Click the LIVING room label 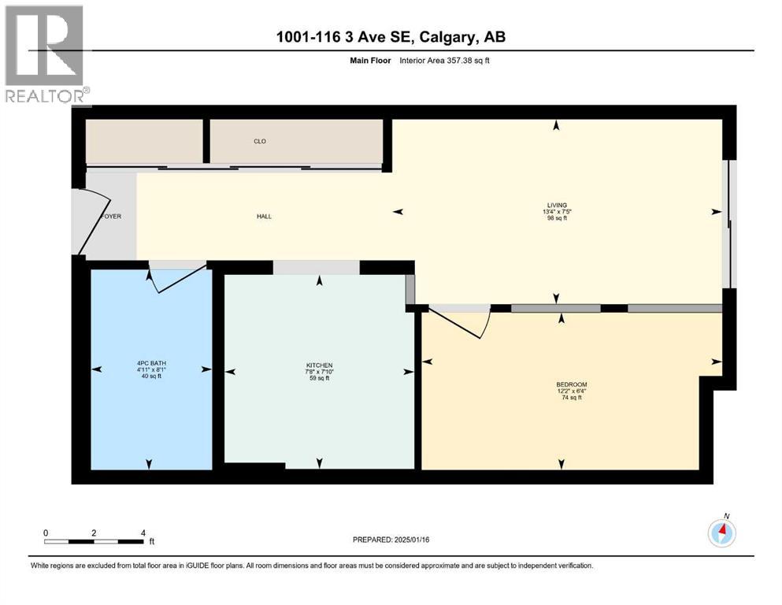pos(558,205)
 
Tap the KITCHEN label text pos(319,366)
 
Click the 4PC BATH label pos(150,363)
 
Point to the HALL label pos(264,216)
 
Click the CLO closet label pos(259,142)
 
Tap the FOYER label pos(111,216)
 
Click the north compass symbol pos(721,533)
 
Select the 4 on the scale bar pos(143,533)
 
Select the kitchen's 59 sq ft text pos(319,379)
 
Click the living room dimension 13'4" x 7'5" pos(558,211)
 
